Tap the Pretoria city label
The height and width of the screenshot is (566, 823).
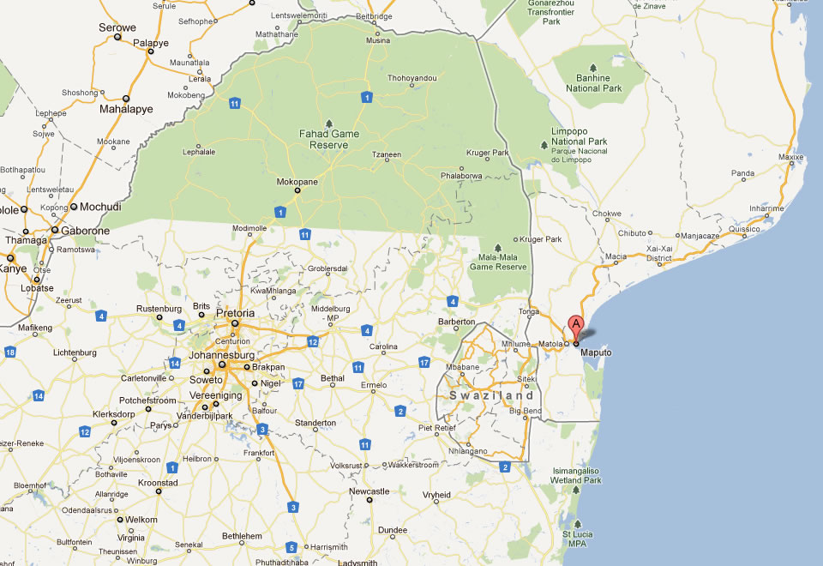235,314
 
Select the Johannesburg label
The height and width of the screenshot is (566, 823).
221,354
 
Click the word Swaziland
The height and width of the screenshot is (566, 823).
492,395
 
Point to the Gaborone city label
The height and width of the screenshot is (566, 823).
81,231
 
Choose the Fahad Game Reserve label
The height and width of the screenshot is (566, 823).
329,139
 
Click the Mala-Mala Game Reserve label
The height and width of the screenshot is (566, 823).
498,262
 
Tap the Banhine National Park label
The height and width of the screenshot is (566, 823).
594,83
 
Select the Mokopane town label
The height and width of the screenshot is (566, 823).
297,182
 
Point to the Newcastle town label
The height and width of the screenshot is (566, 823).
370,491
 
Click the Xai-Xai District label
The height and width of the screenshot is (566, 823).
659,252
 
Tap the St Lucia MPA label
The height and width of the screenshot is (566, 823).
577,539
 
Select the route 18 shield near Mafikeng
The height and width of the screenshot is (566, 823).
10,352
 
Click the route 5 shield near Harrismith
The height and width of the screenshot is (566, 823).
291,547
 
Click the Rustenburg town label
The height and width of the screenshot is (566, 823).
159,308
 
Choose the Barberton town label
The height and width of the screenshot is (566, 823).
456,322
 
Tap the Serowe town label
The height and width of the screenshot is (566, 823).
118,27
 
